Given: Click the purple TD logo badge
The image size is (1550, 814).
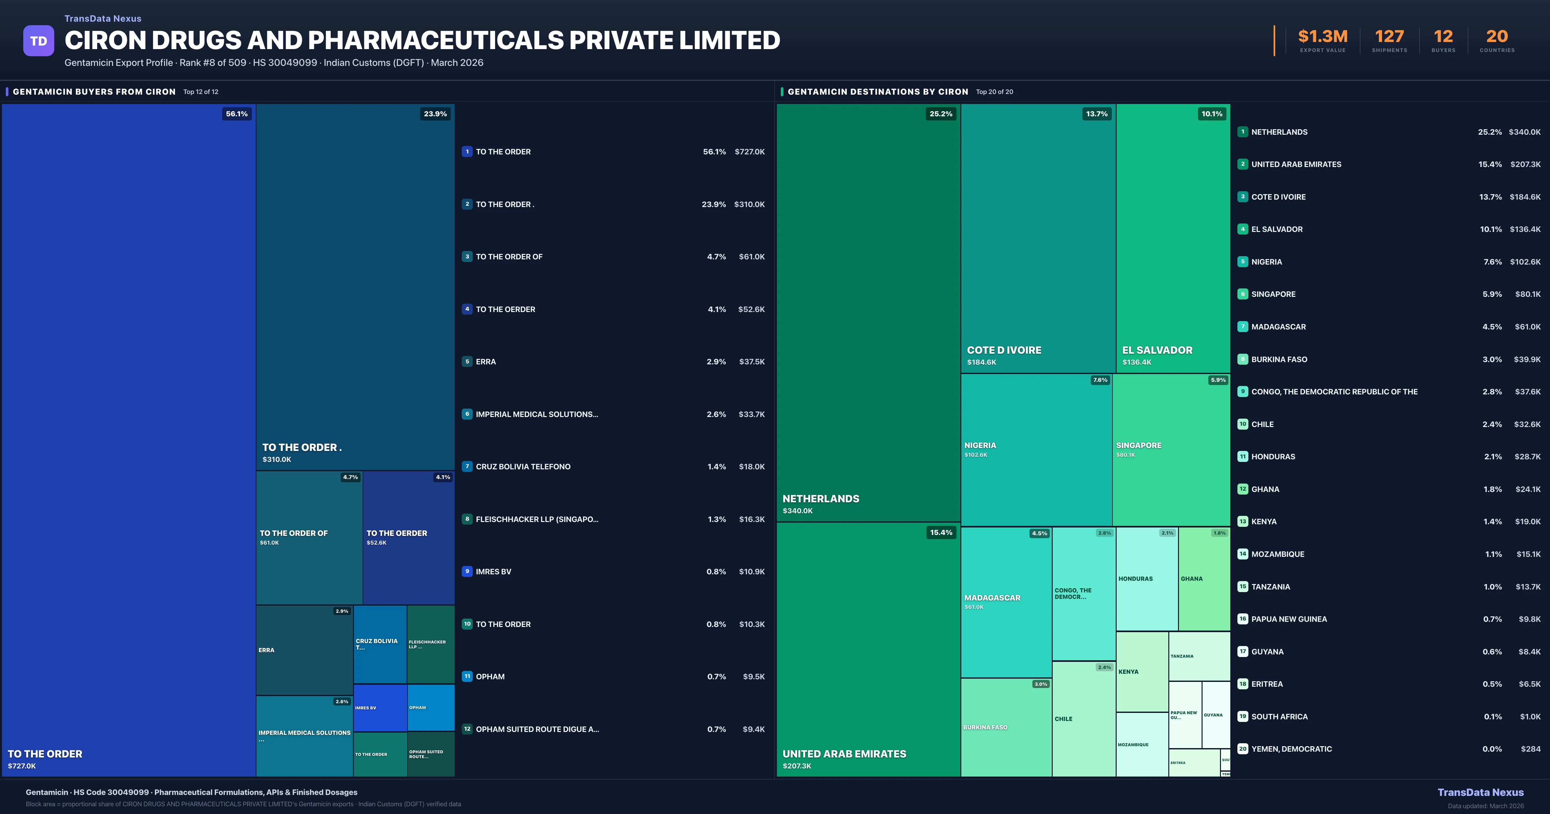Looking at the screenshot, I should coord(38,41).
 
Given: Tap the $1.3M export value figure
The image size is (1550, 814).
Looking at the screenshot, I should coord(1323,37).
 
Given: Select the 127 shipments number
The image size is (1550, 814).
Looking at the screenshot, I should coord(1389,37).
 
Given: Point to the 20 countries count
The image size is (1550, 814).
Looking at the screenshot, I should coord(1497,37).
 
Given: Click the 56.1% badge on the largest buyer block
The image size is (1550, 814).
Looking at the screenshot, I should coord(236,114).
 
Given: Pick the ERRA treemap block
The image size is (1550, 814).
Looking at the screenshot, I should coord(305,650).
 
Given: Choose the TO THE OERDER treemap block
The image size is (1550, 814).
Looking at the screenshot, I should coord(408,537).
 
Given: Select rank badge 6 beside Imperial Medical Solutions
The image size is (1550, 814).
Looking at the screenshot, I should coord(467,414).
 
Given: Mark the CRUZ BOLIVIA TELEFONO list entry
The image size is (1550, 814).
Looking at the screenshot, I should coord(523,467).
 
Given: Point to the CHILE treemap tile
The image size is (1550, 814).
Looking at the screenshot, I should coord(1084,719).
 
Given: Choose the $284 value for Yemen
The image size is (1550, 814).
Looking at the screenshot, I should coord(1530,749).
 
